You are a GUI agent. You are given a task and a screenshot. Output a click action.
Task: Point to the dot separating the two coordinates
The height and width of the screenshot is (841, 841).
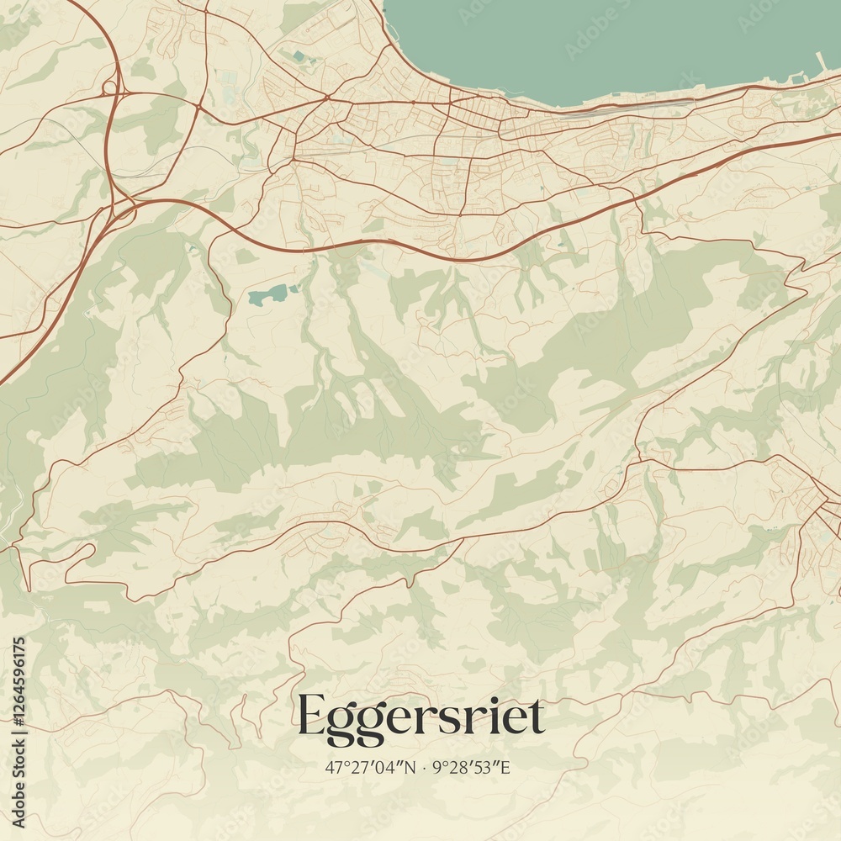[x=425, y=767]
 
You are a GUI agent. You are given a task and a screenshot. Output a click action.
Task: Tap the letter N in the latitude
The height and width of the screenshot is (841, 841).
[x=410, y=767]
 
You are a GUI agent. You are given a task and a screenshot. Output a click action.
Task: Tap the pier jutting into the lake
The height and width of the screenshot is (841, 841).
[x=821, y=63]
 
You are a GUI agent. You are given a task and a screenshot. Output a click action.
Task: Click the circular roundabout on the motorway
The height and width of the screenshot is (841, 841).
[x=109, y=87]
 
